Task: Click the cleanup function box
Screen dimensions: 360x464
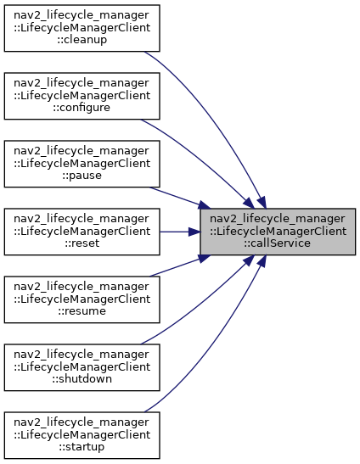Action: [82, 28]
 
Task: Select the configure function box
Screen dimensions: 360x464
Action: [82, 96]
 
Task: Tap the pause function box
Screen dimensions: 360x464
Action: [82, 164]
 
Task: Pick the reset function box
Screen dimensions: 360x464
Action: [82, 232]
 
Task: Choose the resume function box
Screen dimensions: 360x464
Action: [82, 299]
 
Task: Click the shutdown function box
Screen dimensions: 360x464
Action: [82, 367]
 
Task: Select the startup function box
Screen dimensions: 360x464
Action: [82, 435]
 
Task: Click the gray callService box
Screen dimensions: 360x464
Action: [278, 232]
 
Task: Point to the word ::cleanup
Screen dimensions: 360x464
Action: [82, 40]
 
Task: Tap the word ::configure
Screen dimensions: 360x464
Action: [82, 108]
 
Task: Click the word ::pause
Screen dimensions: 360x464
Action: [82, 176]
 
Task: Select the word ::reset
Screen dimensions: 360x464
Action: [82, 243]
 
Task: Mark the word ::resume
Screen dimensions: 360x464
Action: [82, 310]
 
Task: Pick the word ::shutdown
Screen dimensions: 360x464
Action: [82, 378]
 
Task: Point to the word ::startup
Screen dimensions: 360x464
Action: [82, 446]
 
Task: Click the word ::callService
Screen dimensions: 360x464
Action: [278, 243]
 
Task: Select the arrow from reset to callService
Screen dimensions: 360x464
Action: [180, 232]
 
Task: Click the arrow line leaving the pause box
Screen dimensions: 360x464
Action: [179, 198]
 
